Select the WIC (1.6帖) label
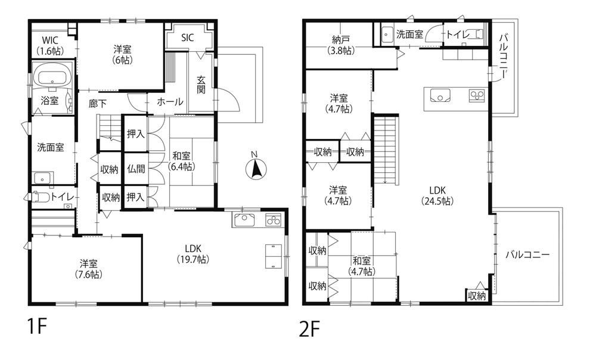50,45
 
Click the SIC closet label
187,38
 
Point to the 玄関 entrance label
201,85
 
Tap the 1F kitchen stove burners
274,221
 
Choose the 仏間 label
136,169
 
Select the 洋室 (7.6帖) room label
88,269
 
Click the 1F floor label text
37,326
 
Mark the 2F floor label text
309,329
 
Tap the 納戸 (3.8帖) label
340,45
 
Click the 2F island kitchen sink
440,95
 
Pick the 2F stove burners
477,95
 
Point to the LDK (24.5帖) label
437,195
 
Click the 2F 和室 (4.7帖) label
362,266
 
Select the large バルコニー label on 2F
527,255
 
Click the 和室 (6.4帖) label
182,161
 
